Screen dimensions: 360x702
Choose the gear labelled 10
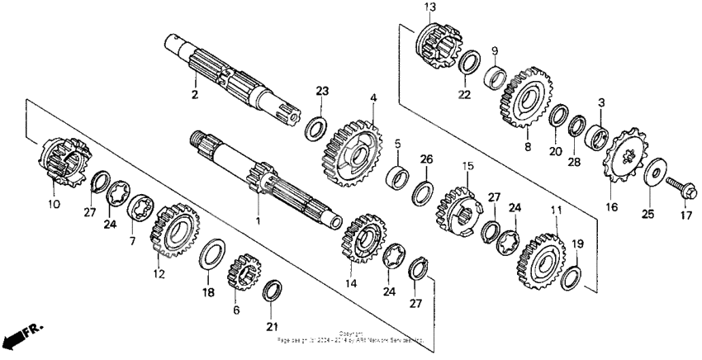(63, 162)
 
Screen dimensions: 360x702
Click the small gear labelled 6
(244, 272)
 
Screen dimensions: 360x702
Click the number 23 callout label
(322, 91)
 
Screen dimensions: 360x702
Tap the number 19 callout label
(578, 244)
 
